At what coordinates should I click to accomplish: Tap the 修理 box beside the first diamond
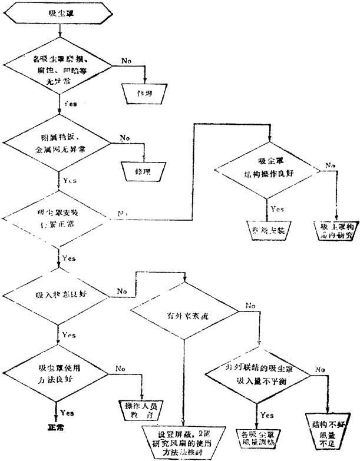(144, 94)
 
